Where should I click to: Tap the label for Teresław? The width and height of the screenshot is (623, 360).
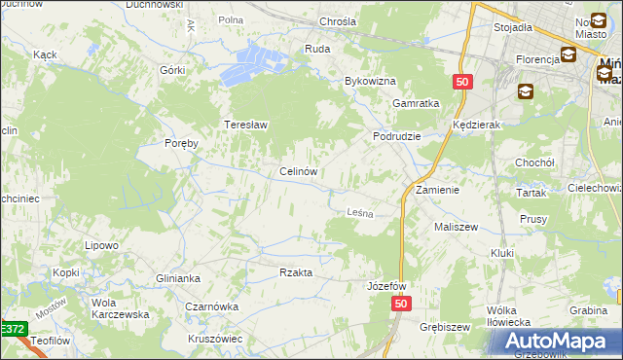pyautogui.click(x=246, y=125)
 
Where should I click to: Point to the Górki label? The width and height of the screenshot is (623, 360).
pyautogui.click(x=172, y=70)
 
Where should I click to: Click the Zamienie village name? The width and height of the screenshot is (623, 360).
pyautogui.click(x=437, y=190)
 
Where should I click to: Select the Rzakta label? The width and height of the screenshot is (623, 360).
pyautogui.click(x=296, y=272)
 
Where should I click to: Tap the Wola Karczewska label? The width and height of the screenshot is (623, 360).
pyautogui.click(x=119, y=307)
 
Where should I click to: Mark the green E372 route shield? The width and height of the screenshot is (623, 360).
pyautogui.click(x=13, y=330)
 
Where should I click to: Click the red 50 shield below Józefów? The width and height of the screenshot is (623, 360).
pyautogui.click(x=403, y=305)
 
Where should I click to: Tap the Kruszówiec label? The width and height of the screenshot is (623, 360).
pyautogui.click(x=216, y=338)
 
